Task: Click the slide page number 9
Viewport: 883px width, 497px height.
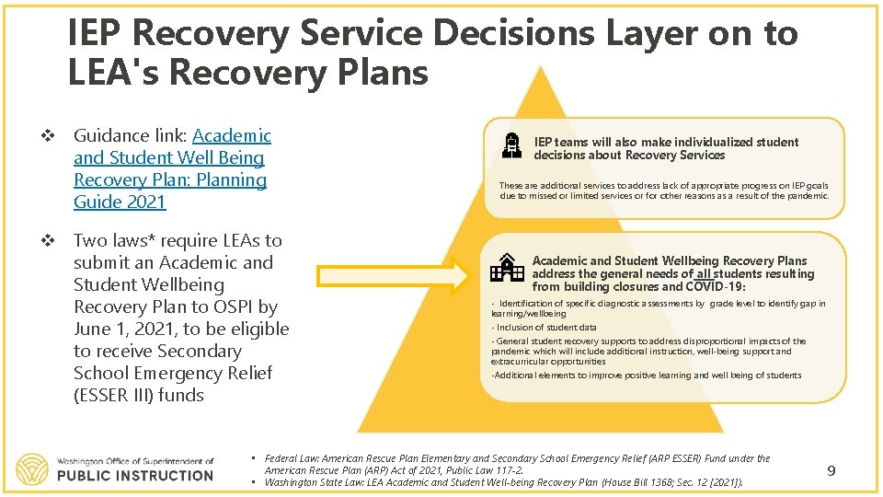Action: (x=831, y=471)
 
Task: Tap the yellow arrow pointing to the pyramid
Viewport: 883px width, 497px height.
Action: (x=396, y=275)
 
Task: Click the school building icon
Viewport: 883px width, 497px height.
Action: (x=506, y=267)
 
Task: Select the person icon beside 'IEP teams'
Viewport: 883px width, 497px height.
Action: (x=512, y=147)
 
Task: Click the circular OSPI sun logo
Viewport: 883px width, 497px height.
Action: (x=32, y=468)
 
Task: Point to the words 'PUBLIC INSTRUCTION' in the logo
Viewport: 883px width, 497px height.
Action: (x=134, y=476)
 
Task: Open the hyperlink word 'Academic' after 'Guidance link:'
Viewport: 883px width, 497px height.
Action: (x=232, y=136)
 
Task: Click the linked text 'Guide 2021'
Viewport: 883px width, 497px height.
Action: (x=120, y=202)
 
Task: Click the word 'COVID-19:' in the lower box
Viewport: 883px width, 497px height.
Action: (x=720, y=286)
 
